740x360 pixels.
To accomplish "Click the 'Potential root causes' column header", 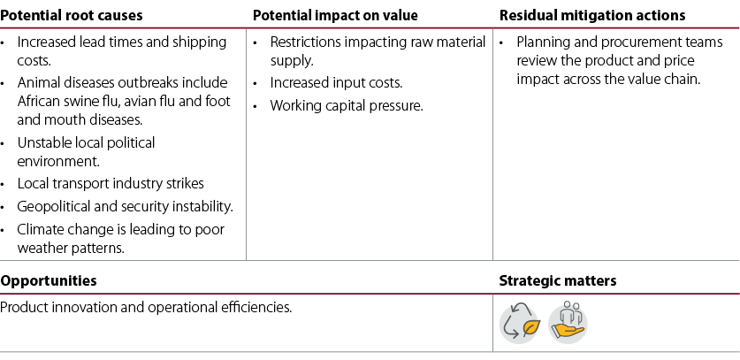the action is [72, 15].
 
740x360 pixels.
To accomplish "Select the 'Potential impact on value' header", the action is [335, 15].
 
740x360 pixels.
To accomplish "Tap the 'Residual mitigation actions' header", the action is [592, 15].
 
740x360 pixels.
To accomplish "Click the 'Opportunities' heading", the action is [48, 280].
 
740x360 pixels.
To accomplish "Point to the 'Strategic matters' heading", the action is [558, 280].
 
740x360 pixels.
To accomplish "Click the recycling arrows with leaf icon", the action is [519, 323].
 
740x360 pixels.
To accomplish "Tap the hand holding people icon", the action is [568, 323].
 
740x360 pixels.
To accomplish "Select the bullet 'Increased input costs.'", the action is [336, 83].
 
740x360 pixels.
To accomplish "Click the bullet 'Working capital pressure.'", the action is [347, 105].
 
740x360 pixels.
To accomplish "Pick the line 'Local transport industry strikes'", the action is [111, 183].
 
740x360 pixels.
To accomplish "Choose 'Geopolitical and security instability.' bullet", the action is [125, 206].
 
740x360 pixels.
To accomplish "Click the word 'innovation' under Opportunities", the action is [83, 308].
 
